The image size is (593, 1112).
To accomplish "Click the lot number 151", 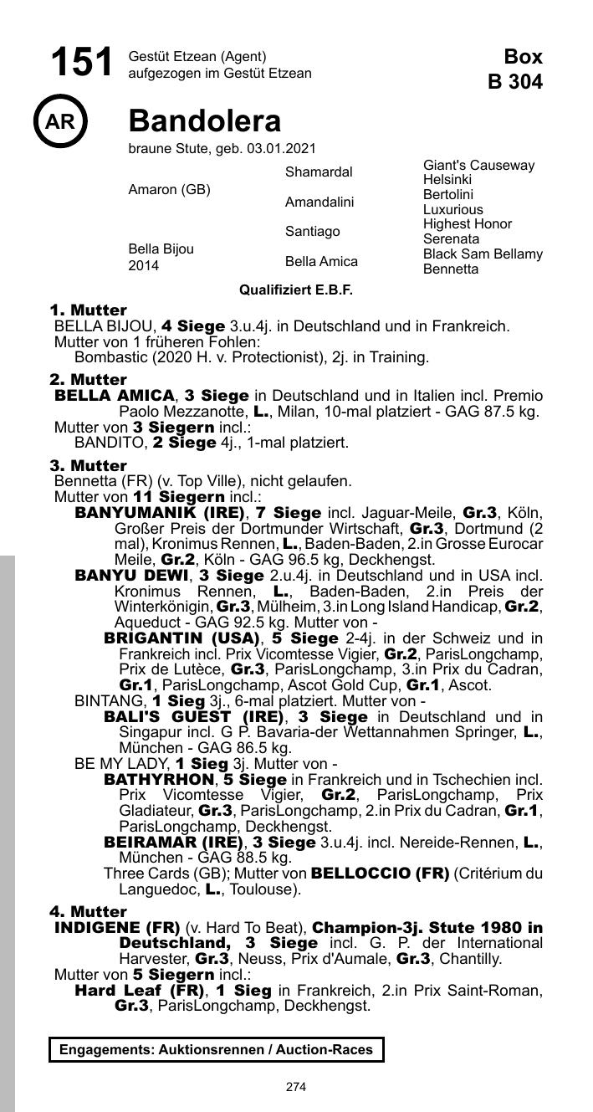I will [x=81, y=64].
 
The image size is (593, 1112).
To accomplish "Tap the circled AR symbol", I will [x=60, y=122].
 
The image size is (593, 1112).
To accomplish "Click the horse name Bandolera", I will [x=205, y=122].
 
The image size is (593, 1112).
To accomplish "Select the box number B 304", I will [x=515, y=81].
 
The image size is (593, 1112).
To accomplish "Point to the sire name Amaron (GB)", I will [x=169, y=190].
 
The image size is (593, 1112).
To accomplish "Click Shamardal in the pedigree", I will [x=319, y=172].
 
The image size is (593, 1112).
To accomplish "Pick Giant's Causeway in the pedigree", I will [x=478, y=166].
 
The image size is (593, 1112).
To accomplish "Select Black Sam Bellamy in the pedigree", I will [x=483, y=254].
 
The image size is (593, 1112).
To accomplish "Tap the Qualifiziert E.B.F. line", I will [x=296, y=290].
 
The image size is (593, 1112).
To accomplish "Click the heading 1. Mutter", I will [x=89, y=310].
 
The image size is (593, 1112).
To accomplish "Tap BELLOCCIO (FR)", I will [x=380, y=874].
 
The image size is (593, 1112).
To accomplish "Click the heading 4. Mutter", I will [x=89, y=912].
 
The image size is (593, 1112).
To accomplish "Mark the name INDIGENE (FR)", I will [x=117, y=928].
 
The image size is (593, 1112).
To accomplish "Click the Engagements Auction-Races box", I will [x=217, y=1049].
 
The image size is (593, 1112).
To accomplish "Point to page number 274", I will [x=296, y=1087].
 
